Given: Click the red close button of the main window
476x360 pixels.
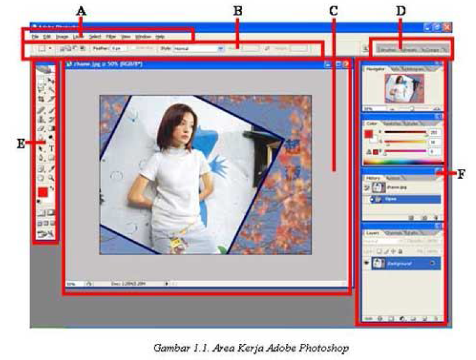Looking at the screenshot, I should [x=447, y=27].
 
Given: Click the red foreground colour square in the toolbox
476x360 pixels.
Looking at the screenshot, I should [x=43, y=193].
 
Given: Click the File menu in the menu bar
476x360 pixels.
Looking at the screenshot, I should [x=35, y=37].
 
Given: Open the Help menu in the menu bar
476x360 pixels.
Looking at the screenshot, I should [x=160, y=37].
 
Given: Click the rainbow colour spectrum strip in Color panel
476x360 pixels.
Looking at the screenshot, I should [x=401, y=162].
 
